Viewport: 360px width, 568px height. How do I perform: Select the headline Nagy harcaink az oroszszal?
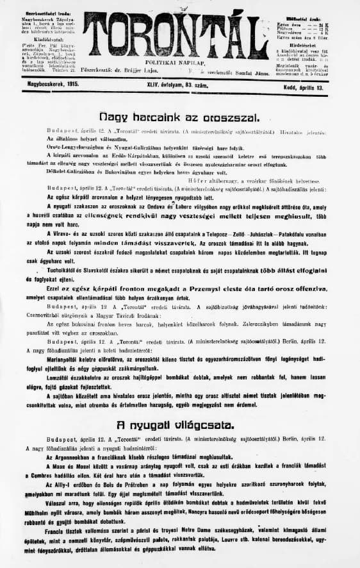pyautogui.click(x=179, y=117)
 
